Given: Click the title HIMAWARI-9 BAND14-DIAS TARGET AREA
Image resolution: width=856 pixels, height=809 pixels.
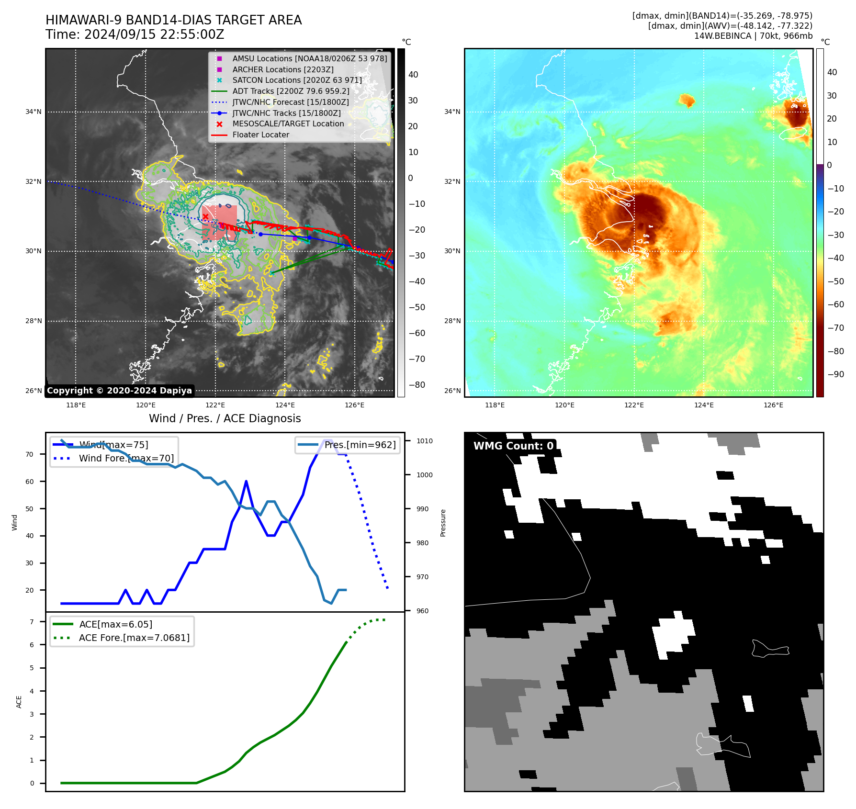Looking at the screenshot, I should (173, 20).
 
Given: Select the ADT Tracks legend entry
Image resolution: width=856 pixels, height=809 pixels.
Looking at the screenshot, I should (291, 91).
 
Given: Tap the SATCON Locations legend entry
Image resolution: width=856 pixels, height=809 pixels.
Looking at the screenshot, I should (297, 80).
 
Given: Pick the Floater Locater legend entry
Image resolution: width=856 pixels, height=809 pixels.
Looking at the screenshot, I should (260, 135).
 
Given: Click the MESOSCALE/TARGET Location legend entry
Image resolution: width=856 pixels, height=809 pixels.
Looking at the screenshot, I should (288, 124).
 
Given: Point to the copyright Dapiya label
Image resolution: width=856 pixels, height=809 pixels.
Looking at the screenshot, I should (119, 391).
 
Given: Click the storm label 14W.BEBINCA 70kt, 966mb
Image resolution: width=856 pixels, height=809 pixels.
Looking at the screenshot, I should (753, 36).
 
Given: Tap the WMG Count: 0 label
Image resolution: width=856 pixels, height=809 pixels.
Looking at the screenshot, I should (513, 446).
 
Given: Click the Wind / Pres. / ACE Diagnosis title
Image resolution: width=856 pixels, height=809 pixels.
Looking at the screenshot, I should (225, 418).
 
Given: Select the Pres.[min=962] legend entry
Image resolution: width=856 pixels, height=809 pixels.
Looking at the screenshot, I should (360, 445).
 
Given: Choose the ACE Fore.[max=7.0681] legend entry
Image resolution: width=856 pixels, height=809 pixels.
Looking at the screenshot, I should (134, 638).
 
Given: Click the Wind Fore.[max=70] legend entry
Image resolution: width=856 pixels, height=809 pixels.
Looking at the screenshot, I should (126, 458).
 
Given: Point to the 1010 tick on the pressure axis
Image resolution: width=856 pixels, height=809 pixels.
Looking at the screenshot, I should (424, 441).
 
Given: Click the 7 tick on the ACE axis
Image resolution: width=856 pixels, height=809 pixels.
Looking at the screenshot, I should (32, 622).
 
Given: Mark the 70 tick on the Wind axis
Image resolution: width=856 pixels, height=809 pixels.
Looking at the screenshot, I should (30, 454).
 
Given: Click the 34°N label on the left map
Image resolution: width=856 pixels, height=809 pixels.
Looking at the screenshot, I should (34, 112).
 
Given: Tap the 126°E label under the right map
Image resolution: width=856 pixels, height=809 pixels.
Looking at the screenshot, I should (773, 405).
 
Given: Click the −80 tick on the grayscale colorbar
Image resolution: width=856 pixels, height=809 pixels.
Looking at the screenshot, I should (417, 385).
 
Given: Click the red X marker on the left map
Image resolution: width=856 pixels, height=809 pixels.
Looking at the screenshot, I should (205, 217).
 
